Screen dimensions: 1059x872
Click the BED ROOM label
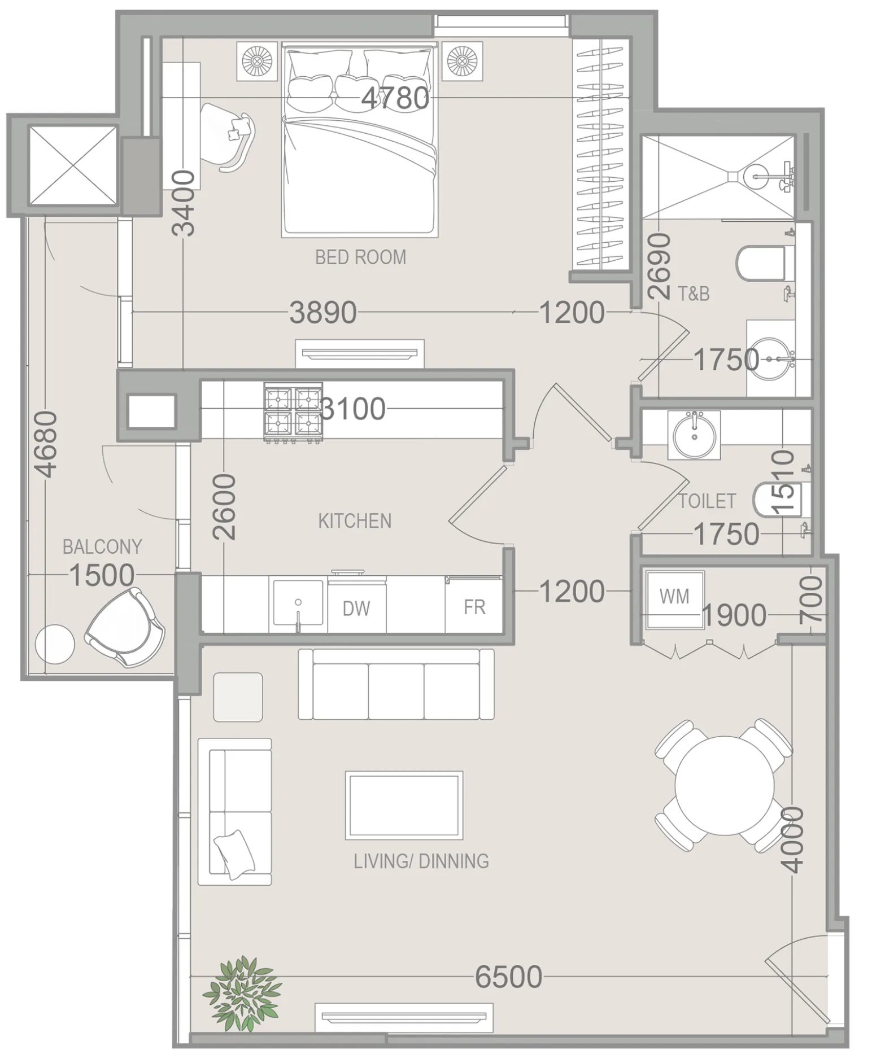click(x=360, y=257)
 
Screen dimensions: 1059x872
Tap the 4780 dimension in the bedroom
click(x=395, y=98)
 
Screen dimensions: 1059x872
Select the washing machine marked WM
click(x=674, y=599)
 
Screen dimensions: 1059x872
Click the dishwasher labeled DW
click(x=356, y=607)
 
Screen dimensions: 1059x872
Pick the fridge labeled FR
click(x=474, y=606)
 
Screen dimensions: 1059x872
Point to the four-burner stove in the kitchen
click(x=293, y=412)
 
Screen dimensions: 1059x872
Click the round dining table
click(x=725, y=785)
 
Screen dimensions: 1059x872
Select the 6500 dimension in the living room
click(x=508, y=977)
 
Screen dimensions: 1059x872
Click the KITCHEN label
click(x=355, y=520)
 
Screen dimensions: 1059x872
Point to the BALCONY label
click(x=102, y=546)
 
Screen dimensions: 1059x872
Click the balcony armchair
click(x=126, y=628)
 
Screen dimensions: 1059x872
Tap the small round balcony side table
click(x=55, y=643)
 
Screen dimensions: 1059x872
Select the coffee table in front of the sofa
click(x=404, y=805)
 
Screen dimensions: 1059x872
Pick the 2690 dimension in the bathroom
click(x=659, y=266)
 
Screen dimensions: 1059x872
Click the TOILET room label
click(x=707, y=501)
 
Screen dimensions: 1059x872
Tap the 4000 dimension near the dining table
click(x=793, y=839)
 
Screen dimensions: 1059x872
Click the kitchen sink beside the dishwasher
click(x=298, y=605)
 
